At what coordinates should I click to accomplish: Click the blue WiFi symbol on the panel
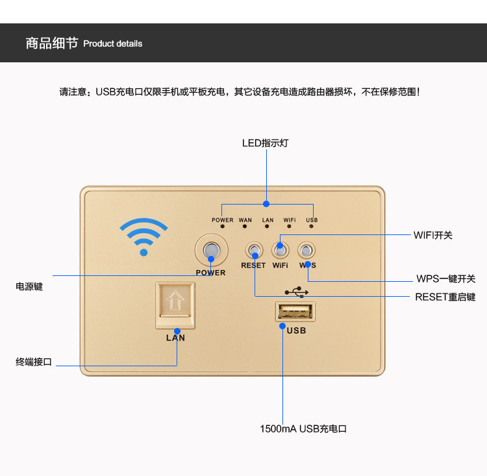point(144,236)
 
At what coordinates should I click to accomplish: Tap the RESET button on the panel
point(254,250)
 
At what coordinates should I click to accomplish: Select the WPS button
point(306,250)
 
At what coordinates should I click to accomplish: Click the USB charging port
point(295,312)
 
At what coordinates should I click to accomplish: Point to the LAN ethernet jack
point(175,305)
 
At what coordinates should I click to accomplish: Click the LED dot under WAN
point(245,226)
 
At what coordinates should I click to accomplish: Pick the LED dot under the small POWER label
point(222,226)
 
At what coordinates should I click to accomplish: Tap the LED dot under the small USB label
point(311,226)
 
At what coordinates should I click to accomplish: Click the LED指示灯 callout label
point(265,144)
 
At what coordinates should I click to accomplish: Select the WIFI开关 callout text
point(433,235)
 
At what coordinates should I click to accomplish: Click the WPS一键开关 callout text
point(446,279)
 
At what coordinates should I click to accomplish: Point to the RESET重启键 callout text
point(445,297)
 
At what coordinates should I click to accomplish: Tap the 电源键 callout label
point(29,286)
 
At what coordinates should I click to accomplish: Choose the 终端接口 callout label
point(34,362)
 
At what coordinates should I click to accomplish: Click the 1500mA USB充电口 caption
point(303,429)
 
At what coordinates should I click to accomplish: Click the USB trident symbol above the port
point(297,292)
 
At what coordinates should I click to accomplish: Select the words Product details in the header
point(113,44)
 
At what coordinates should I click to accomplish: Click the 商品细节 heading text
point(52,44)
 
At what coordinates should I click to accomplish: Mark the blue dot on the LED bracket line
point(266,204)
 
